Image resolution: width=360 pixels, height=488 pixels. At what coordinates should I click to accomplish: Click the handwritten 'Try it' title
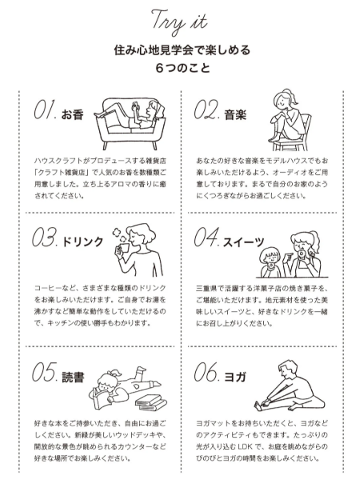pos(179,22)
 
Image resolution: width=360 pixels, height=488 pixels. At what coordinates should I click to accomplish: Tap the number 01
pos(45,110)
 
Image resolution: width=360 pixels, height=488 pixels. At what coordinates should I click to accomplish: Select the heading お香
pos(72,115)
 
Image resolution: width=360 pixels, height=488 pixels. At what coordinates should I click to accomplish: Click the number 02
pos(207,110)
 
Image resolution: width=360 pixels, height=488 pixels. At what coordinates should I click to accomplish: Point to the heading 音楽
pos(235,115)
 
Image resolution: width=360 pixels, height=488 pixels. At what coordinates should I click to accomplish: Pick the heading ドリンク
pos(82,242)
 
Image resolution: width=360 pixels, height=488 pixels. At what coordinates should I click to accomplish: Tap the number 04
pos(207,237)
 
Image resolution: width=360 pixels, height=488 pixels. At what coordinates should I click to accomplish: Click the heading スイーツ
pos(244,242)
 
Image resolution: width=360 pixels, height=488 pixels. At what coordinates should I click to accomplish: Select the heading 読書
pos(73,378)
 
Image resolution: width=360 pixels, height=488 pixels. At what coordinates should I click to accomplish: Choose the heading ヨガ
pos(235,378)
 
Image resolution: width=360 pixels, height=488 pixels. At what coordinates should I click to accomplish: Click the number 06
pos(207,372)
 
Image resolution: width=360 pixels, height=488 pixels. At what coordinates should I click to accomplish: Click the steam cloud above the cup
pos(119,234)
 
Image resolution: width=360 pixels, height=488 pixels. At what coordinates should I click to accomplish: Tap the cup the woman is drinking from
pos(123,249)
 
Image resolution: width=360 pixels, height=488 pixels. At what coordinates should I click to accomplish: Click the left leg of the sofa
pos(106,145)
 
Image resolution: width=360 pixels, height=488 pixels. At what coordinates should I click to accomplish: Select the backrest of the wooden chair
pos(306,125)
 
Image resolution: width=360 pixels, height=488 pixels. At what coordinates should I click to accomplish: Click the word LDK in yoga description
pos(245,447)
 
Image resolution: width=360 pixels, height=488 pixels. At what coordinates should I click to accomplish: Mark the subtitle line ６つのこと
pos(183,67)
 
